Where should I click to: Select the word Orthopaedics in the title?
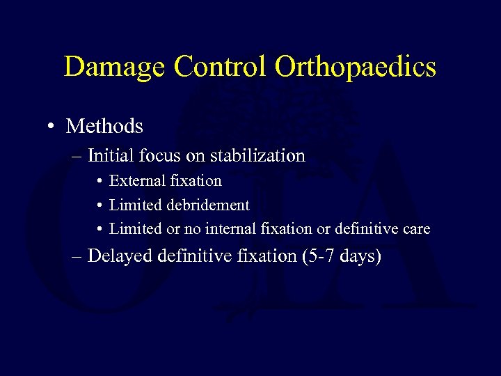tap(356, 68)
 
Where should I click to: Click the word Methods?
tap(104, 126)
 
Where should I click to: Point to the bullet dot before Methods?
tap(53, 127)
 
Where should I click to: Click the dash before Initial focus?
tap(77, 156)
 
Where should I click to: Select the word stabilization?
tap(260, 155)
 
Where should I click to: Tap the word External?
tap(136, 181)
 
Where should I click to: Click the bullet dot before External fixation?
tap(100, 182)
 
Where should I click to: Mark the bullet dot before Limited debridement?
tap(100, 205)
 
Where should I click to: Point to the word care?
tap(417, 228)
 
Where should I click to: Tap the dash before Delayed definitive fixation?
tap(77, 257)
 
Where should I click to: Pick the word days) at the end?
tap(361, 257)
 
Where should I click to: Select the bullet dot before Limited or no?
tap(100, 229)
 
